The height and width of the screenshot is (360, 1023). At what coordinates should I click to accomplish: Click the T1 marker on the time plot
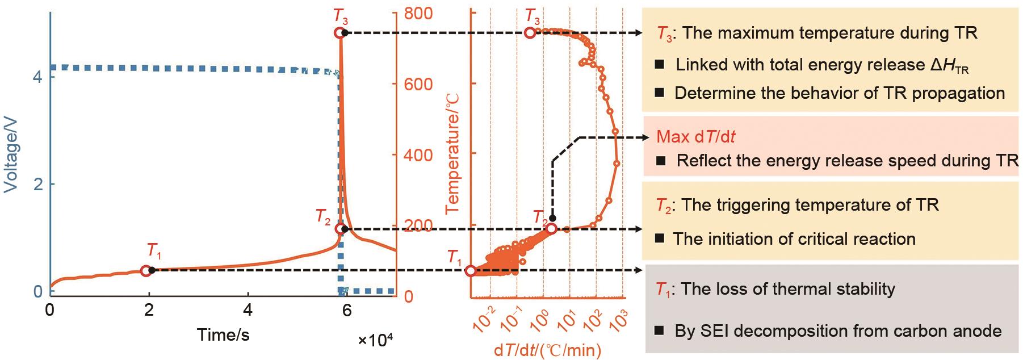pos(146,271)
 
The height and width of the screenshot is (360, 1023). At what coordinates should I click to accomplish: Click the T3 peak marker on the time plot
pos(339,33)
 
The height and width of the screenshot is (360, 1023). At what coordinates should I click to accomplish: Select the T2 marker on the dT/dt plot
pos(551,229)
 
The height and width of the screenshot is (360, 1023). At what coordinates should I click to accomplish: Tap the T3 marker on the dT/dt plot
pos(530,33)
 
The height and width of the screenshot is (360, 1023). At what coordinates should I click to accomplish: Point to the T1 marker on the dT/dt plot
pos(470,271)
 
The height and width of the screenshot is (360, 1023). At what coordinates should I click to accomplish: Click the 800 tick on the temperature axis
pos(418,14)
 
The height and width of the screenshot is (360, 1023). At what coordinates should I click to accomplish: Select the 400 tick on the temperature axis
pos(418,155)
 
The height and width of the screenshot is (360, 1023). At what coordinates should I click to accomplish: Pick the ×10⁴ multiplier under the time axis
pos(375,340)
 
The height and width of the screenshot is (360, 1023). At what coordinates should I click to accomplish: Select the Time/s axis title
pos(223,335)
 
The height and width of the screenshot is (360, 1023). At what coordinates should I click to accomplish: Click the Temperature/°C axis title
pos(452,153)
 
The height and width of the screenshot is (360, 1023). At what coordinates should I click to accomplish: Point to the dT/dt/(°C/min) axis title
pos(547,350)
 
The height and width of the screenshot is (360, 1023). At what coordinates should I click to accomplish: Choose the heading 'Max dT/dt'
pos(692,137)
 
